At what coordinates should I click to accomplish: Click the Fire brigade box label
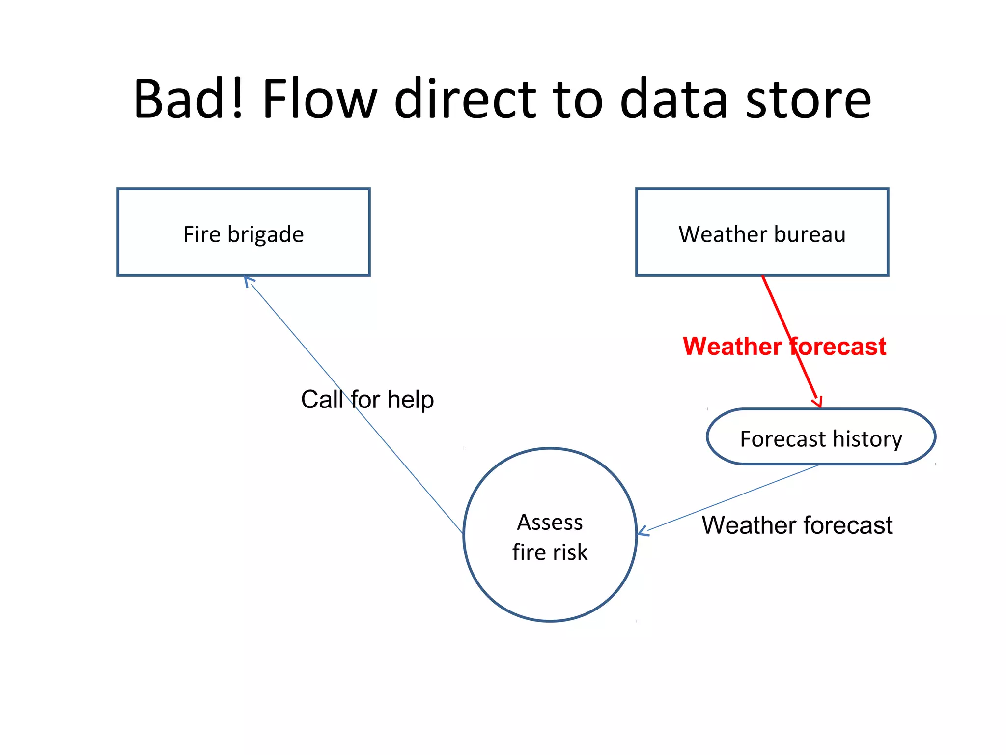[243, 234]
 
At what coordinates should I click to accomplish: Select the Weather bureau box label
[762, 234]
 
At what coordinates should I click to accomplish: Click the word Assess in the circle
[550, 522]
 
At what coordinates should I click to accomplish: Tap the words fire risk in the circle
[550, 552]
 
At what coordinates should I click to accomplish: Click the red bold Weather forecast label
[784, 347]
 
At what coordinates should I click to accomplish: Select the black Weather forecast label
[796, 525]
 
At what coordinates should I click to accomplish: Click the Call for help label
[367, 399]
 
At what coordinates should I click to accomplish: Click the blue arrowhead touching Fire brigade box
[249, 281]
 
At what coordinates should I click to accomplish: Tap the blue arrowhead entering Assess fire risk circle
[643, 531]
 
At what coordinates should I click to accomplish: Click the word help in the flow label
[410, 400]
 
